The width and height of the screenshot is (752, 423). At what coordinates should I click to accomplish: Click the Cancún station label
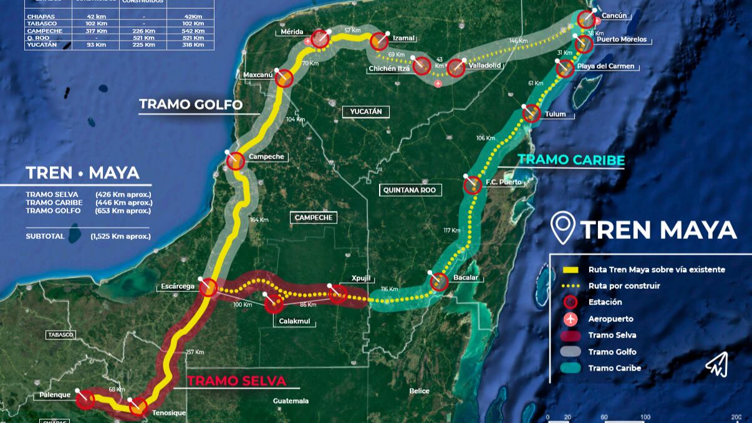pyautogui.click(x=614, y=16)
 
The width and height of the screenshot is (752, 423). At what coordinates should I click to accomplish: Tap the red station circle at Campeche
pyautogui.click(x=235, y=161)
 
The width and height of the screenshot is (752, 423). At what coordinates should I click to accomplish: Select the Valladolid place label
pyautogui.click(x=484, y=65)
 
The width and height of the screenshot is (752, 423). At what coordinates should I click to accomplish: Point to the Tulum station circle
pyautogui.click(x=531, y=113)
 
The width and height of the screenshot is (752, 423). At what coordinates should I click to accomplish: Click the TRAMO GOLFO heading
pyautogui.click(x=190, y=104)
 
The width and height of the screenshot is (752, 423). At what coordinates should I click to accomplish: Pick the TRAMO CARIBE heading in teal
pyautogui.click(x=571, y=160)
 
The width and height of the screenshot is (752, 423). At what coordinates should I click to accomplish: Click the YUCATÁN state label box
pyautogui.click(x=366, y=112)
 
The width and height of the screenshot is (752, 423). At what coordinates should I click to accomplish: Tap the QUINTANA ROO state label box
pyautogui.click(x=410, y=190)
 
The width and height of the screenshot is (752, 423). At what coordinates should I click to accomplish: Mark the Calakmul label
pyautogui.click(x=294, y=322)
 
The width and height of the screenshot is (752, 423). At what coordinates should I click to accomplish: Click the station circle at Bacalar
pyautogui.click(x=439, y=282)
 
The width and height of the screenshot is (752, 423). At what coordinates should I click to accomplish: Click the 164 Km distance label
pyautogui.click(x=259, y=220)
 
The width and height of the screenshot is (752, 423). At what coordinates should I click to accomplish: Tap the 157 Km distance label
pyautogui.click(x=195, y=352)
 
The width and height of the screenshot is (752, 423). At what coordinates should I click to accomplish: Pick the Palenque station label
pyautogui.click(x=55, y=395)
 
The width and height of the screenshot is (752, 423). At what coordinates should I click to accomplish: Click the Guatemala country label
pyautogui.click(x=291, y=401)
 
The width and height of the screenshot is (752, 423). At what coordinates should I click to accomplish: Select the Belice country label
pyautogui.click(x=419, y=391)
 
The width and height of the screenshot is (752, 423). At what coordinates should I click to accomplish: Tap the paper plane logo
pyautogui.click(x=716, y=364)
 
